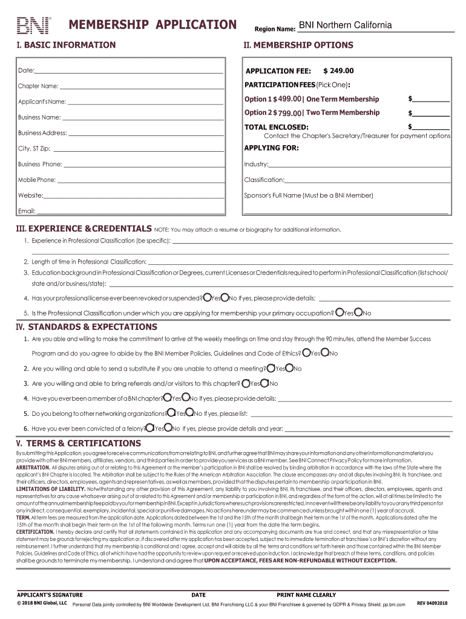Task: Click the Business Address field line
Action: [x=146, y=133]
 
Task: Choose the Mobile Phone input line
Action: [x=142, y=180]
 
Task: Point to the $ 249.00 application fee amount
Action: [x=338, y=71]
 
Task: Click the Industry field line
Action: [x=359, y=164]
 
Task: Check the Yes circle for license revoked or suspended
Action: [x=208, y=297]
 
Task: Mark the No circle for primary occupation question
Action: [x=358, y=313]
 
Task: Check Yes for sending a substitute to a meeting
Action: [x=271, y=368]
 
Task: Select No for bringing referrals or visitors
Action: [x=264, y=383]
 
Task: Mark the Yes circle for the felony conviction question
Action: [x=150, y=428]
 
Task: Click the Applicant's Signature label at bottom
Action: [x=50, y=595]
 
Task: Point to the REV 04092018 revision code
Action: [x=432, y=603]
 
